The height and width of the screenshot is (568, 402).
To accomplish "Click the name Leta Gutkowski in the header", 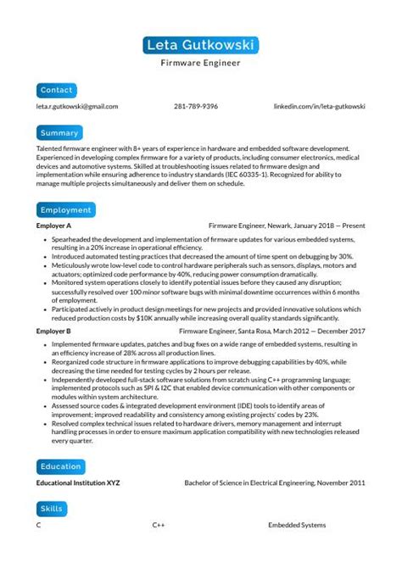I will [201, 45].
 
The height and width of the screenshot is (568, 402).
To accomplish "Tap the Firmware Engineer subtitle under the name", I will [201, 63].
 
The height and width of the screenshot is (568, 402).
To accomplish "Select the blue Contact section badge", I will [57, 89].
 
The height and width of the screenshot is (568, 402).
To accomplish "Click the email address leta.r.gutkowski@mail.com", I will [77, 107].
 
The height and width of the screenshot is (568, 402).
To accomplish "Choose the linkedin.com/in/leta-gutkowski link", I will [319, 107].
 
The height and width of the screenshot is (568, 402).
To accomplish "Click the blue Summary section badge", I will [59, 133].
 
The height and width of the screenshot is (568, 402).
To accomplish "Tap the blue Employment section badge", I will [65, 209].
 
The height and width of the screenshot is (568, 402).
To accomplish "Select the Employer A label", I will [53, 226].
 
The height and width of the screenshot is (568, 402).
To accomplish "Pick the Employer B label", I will [53, 331].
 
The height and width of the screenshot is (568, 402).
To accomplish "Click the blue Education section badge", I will [61, 466].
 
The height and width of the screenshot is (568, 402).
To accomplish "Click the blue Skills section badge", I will [52, 509].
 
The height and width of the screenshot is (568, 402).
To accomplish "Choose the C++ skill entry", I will [159, 526].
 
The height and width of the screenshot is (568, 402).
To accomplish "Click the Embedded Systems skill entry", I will [297, 526].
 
